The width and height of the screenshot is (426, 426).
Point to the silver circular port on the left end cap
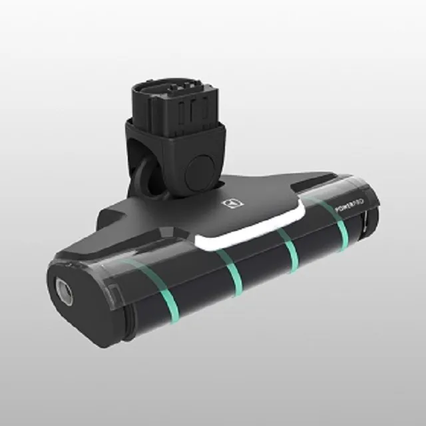pos(64,287)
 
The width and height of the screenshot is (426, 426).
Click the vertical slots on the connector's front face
pos(193,110)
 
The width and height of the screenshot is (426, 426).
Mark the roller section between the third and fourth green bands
pos(316,243)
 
